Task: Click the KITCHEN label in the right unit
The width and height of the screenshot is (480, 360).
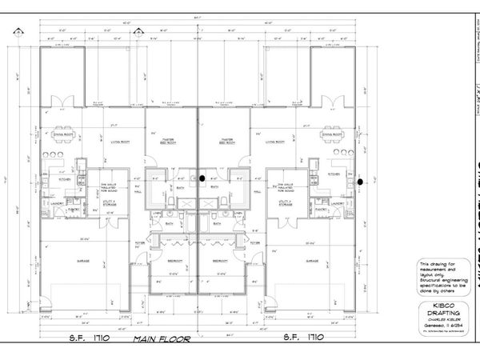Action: (x=334, y=174)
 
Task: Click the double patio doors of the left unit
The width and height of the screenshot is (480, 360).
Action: (x=62, y=102)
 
